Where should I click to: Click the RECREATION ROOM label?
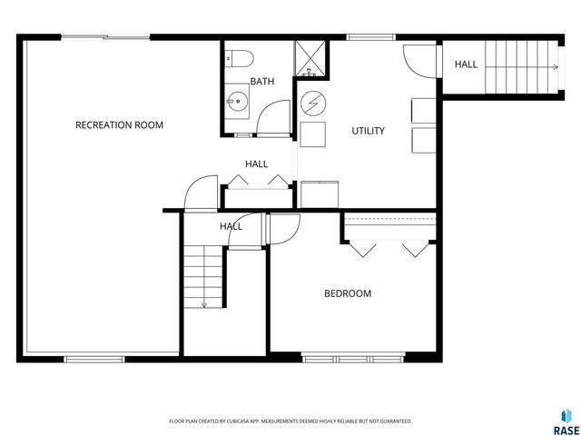pos(119,124)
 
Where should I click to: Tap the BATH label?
pos(262,82)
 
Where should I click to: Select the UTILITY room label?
pos(368,131)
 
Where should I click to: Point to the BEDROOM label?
pos(348,293)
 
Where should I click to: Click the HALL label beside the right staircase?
pos(466,64)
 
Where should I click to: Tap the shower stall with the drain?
pos(310,60)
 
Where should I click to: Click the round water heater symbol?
pos(312,103)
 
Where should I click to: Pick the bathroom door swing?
pos(271,119)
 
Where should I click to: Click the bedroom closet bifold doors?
pos(389,247)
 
